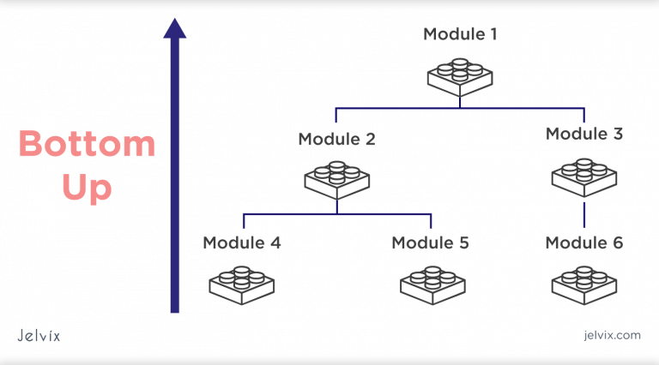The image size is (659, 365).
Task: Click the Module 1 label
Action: coord(460,35)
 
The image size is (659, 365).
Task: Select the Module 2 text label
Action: coord(336,139)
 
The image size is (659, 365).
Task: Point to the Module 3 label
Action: coord(584,134)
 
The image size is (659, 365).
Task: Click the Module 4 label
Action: coord(242,242)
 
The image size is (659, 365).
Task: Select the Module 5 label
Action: coord(431,242)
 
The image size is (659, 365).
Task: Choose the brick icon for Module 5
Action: coord(431,285)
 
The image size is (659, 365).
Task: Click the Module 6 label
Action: coord(584,242)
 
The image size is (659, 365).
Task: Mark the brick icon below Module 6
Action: coord(584,285)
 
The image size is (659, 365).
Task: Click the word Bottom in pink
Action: coord(88,144)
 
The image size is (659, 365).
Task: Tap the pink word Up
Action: coord(88,188)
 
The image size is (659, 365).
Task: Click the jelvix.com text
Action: coord(610,336)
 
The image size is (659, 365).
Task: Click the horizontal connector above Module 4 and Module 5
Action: coord(336,213)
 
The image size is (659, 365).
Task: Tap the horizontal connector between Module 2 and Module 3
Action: coord(460,108)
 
